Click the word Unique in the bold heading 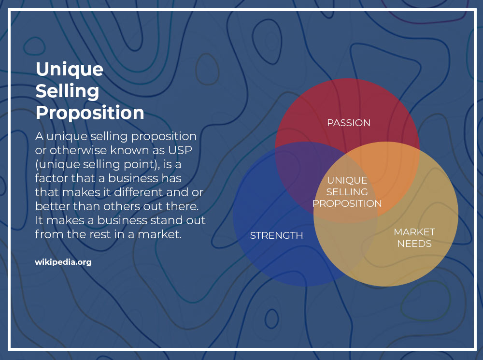(x=70, y=70)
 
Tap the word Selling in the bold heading (x=68, y=91)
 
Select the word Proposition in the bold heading (x=90, y=113)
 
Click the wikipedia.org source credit (x=63, y=262)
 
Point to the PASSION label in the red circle (x=349, y=123)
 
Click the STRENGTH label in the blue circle (x=276, y=235)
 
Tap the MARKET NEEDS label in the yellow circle (x=414, y=238)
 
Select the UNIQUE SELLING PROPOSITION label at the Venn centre (x=347, y=192)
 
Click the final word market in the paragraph (x=159, y=234)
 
